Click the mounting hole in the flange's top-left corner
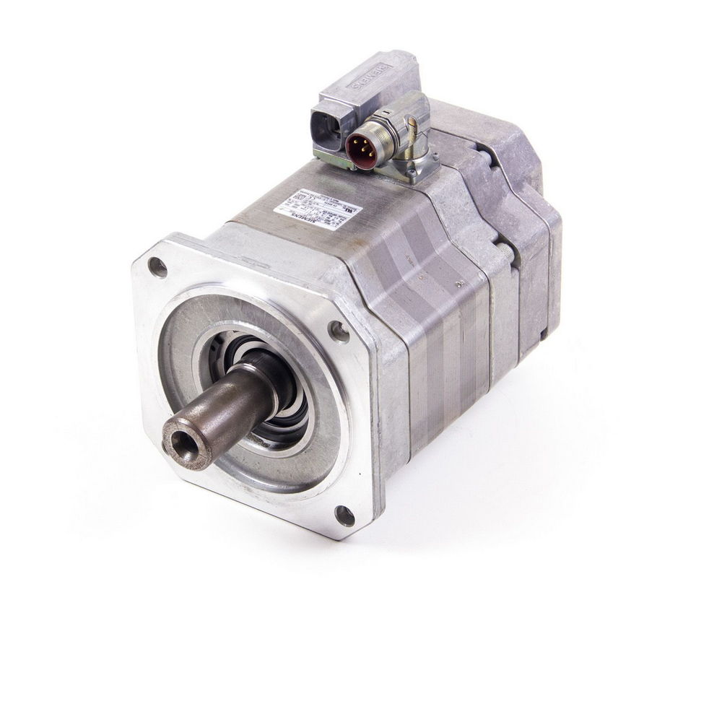[x=157, y=268]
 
